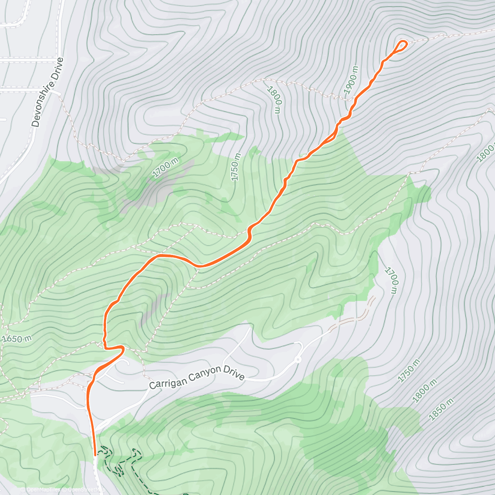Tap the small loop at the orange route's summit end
click(401, 45)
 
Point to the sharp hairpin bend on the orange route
click(122, 349)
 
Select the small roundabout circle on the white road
click(298, 360)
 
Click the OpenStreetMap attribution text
click(82, 490)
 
